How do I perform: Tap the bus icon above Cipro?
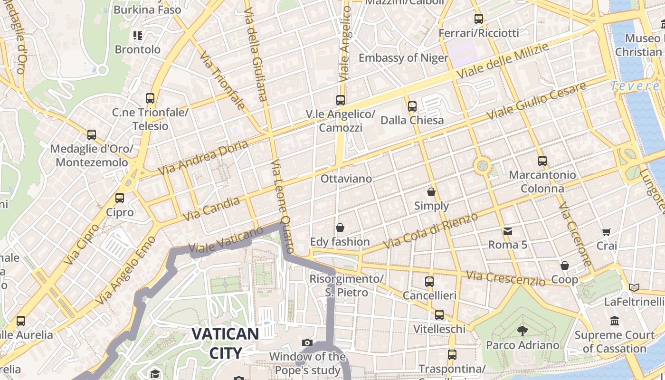click(120, 198)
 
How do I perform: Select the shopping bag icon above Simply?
click(431, 192)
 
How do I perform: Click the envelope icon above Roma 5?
click(508, 231)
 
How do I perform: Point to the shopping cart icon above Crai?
click(607, 232)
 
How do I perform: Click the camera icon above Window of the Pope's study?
click(307, 342)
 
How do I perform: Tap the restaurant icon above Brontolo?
click(138, 36)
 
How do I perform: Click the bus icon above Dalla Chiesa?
click(412, 106)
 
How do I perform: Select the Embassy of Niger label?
click(403, 58)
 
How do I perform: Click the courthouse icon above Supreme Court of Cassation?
click(615, 321)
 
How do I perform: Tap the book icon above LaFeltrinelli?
click(634, 287)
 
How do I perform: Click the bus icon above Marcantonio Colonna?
click(542, 161)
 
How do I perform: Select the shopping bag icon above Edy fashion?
click(340, 228)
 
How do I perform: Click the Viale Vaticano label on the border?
click(226, 240)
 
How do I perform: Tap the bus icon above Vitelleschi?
click(439, 315)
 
